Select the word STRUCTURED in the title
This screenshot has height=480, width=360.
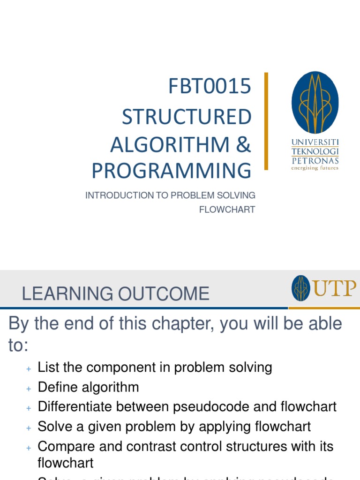pyautogui.click(x=187, y=117)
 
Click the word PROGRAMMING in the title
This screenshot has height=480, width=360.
pyautogui.click(x=172, y=171)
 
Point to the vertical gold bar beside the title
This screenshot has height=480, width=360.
pyautogui.click(x=266, y=121)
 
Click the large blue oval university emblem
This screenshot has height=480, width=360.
pyautogui.click(x=315, y=103)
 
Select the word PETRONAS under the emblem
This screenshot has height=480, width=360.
pyautogui.click(x=315, y=160)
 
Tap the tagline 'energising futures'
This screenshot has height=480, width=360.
pyautogui.click(x=315, y=168)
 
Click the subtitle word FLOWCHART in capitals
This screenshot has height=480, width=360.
pyautogui.click(x=227, y=210)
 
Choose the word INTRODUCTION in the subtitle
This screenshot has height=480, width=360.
pyautogui.click(x=112, y=195)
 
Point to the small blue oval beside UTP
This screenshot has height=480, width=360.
pyautogui.click(x=300, y=288)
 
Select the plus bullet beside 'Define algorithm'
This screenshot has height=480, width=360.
pyautogui.click(x=29, y=389)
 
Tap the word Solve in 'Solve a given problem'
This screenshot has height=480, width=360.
pyautogui.click(x=53, y=427)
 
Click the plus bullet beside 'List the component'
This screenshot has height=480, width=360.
pyautogui.click(x=29, y=369)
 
